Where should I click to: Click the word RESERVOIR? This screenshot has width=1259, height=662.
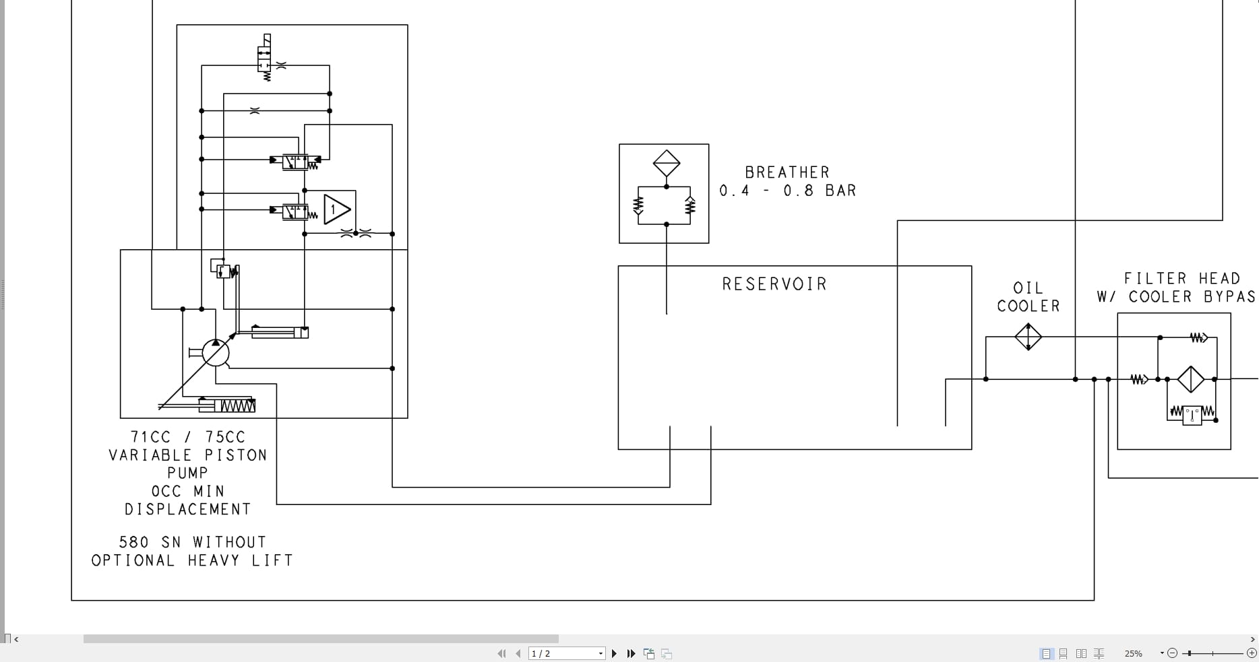coord(774,284)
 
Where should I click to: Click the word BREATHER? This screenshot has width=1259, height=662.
coord(787,172)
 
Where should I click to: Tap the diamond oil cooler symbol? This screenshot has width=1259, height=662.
coord(1028,337)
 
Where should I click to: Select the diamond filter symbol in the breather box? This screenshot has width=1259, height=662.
coord(667,163)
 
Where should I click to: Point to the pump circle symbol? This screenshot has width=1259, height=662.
coord(216,352)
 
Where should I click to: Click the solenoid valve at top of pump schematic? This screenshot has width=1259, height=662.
coord(264,59)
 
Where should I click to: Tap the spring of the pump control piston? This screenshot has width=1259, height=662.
coord(237,405)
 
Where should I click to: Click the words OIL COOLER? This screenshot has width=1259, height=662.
coord(1028,297)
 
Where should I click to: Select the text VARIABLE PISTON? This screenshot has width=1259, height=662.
coord(188,455)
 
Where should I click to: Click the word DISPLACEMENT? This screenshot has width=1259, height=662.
coord(188,509)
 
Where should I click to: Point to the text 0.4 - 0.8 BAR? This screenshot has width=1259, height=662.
coord(787,191)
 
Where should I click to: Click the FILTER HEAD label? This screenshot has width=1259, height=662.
coord(1181,278)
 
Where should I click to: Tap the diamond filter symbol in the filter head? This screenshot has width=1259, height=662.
coord(1191,379)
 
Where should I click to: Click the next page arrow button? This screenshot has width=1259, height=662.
coord(614,653)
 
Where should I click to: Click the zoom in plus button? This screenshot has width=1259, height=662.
coord(1252,653)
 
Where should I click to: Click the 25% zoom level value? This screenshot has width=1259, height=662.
coord(1134,653)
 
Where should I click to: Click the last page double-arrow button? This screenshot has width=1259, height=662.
coord(631,653)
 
